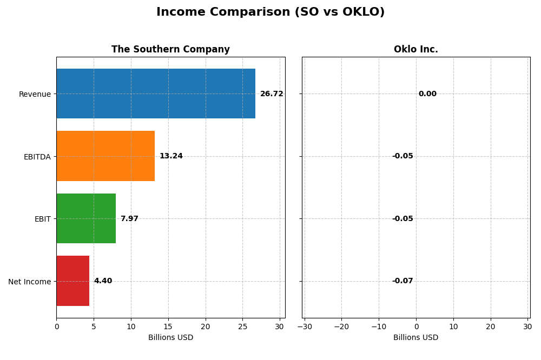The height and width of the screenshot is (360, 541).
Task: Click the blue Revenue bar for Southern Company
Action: [156, 94]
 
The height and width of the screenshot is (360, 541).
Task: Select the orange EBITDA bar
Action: [105, 156]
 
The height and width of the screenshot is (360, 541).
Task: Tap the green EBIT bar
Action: [86, 218]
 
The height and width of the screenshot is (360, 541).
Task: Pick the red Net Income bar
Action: [72, 281]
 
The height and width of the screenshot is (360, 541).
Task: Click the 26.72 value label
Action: [272, 94]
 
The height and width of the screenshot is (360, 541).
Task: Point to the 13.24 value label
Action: [171, 156]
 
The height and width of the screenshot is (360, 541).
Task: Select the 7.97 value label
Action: [129, 219]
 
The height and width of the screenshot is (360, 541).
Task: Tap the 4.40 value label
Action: [103, 281]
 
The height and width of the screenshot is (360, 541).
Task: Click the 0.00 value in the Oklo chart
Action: [427, 94]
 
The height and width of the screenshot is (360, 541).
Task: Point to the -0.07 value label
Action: [403, 281]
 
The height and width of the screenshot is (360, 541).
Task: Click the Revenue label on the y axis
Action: [35, 94]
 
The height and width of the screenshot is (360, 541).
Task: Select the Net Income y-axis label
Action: [30, 282]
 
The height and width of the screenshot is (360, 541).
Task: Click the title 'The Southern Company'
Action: [170, 50]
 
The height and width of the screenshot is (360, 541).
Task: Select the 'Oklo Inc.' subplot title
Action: [415, 50]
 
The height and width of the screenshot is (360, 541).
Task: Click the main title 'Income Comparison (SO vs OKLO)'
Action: [270, 12]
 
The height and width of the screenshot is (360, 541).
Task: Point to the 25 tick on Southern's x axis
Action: [242, 326]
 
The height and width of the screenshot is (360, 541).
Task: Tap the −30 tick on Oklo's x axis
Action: [305, 326]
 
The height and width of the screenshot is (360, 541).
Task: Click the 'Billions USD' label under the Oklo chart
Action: [415, 338]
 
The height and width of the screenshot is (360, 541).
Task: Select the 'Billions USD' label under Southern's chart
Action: [170, 338]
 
